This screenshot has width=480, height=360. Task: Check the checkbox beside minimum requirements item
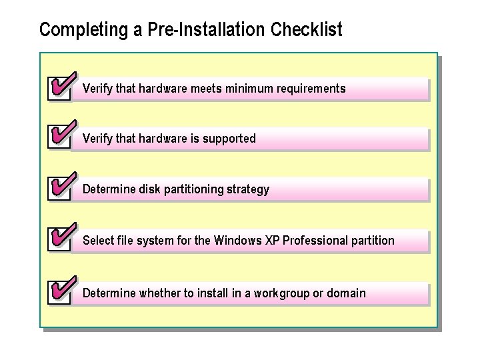[59, 89]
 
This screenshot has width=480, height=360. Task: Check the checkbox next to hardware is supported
[59, 139]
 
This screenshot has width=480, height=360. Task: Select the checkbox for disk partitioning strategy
[59, 189]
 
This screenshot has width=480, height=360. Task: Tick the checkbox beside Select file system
[59, 240]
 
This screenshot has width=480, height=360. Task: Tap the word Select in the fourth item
[97, 240]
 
